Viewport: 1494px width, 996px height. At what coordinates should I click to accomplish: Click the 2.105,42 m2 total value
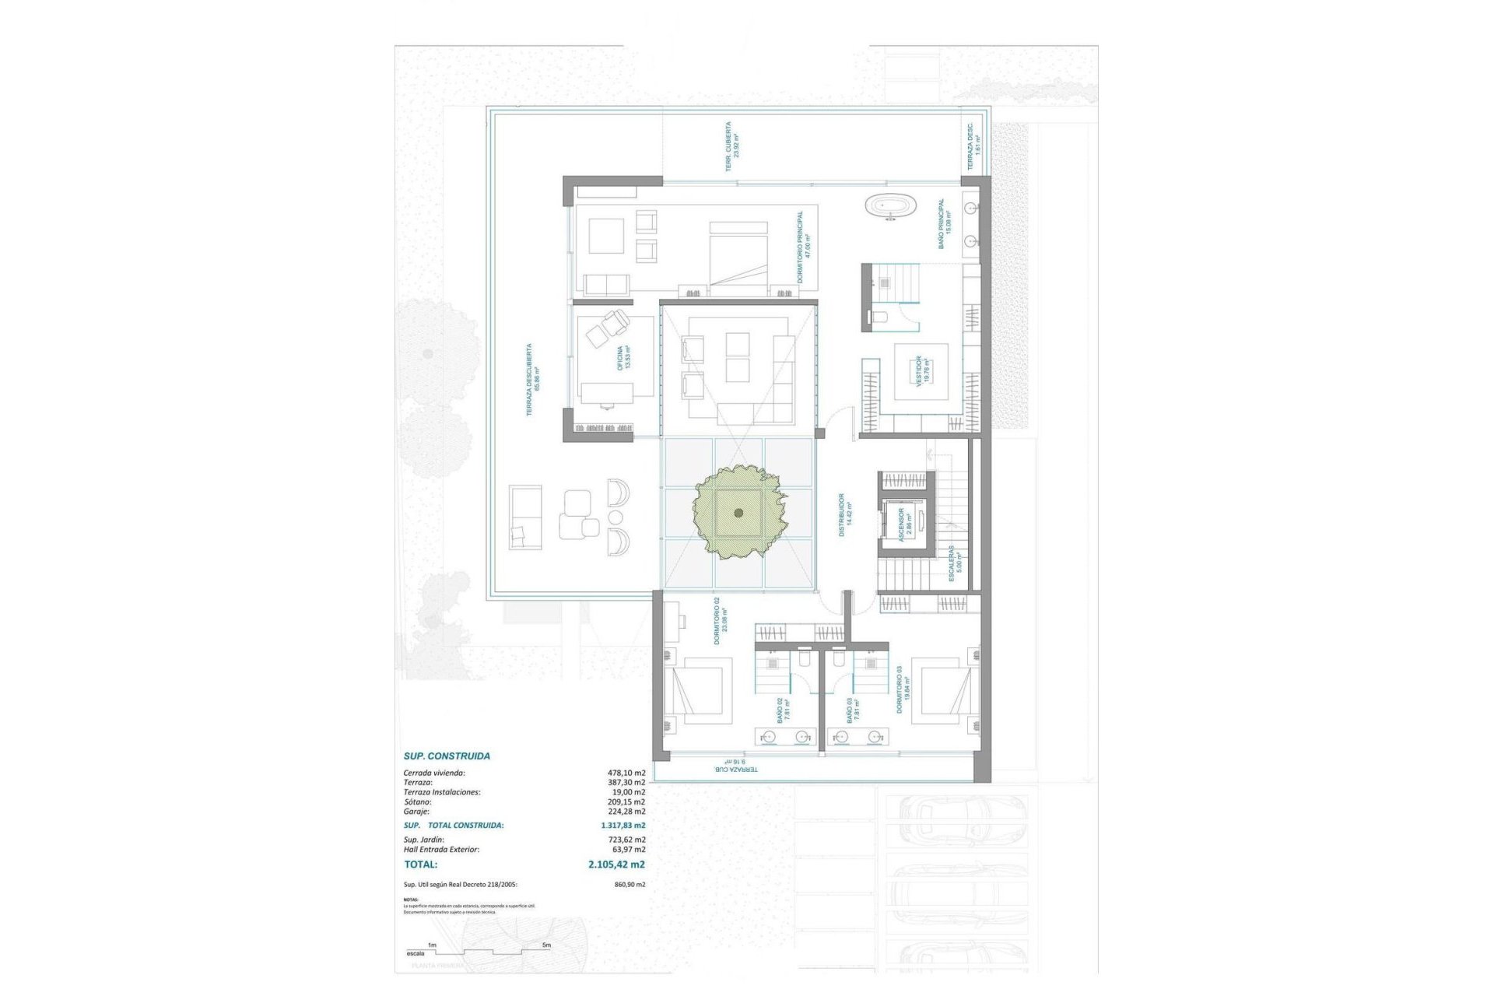(616, 864)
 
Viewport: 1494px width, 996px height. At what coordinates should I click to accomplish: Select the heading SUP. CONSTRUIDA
(447, 756)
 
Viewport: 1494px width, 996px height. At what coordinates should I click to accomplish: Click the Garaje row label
(417, 812)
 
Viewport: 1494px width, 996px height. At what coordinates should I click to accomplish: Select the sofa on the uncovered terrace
(525, 517)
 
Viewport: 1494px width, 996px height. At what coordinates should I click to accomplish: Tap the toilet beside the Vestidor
(879, 316)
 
